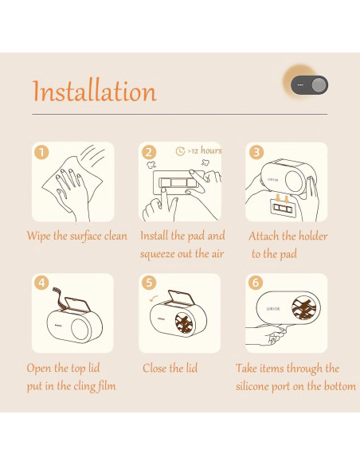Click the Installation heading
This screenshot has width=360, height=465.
[94, 91]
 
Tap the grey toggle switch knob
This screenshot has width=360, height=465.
[319, 85]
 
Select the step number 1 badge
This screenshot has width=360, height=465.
[41, 152]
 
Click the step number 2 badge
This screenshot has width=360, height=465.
[149, 152]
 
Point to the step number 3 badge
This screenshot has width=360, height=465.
[256, 152]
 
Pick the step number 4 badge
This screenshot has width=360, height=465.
[41, 283]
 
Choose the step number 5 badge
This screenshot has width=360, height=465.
[149, 283]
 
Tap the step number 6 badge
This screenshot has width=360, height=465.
[256, 283]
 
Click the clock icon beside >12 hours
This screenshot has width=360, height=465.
[180, 151]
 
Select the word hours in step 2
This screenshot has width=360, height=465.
[211, 150]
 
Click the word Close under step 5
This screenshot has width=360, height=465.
[155, 369]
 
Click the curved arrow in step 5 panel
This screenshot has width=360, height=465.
[154, 299]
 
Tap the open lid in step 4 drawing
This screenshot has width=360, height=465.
[76, 305]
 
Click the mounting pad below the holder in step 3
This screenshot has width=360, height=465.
[282, 208]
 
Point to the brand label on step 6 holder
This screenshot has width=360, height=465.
[273, 309]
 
